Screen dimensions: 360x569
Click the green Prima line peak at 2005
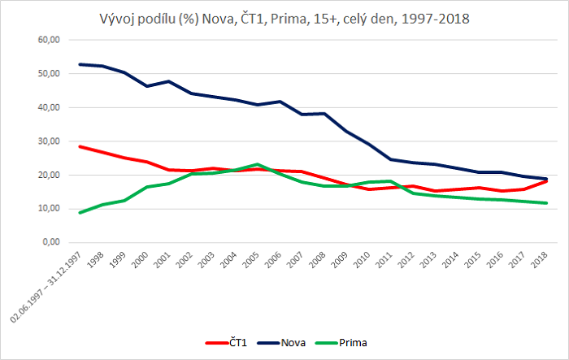257,164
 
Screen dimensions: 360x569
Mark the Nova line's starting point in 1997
79,64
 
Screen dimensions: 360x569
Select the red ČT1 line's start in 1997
79,146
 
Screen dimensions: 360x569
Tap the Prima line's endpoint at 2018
545,203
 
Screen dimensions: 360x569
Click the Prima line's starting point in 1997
79,213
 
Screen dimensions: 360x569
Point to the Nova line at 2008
325,113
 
